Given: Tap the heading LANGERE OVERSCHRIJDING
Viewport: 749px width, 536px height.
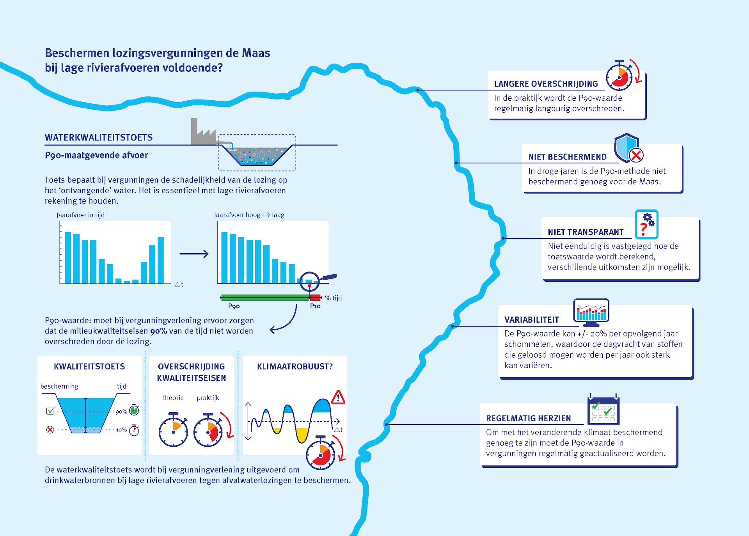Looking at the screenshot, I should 546,84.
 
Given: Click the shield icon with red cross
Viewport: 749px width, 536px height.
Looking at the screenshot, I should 628,148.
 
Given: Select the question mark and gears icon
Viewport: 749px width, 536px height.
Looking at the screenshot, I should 646,224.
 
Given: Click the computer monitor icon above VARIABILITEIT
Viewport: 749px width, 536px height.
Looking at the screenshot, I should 591,312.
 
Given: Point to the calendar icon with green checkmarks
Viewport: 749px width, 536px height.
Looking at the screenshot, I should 603,410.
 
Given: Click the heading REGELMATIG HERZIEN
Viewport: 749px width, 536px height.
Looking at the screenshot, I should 528,419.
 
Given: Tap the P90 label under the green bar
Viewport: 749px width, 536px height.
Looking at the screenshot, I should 234,306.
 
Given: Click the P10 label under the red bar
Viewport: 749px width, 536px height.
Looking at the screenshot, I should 315,306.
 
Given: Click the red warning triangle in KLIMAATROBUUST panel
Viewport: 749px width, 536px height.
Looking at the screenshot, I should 338,398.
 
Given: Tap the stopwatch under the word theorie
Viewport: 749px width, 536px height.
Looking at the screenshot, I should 173,430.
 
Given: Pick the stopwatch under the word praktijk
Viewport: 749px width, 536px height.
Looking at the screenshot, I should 208,430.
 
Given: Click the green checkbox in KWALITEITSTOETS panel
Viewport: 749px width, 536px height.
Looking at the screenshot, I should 50,411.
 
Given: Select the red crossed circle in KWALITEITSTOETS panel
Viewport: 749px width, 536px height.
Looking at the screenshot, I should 50,430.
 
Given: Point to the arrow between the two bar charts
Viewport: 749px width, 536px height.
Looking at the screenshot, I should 194,254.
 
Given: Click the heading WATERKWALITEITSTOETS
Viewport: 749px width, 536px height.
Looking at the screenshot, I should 99,138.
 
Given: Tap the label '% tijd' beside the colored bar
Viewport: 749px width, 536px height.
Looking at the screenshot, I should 334,298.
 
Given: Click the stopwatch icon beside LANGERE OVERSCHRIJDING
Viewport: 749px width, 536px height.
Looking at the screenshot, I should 619,76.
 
